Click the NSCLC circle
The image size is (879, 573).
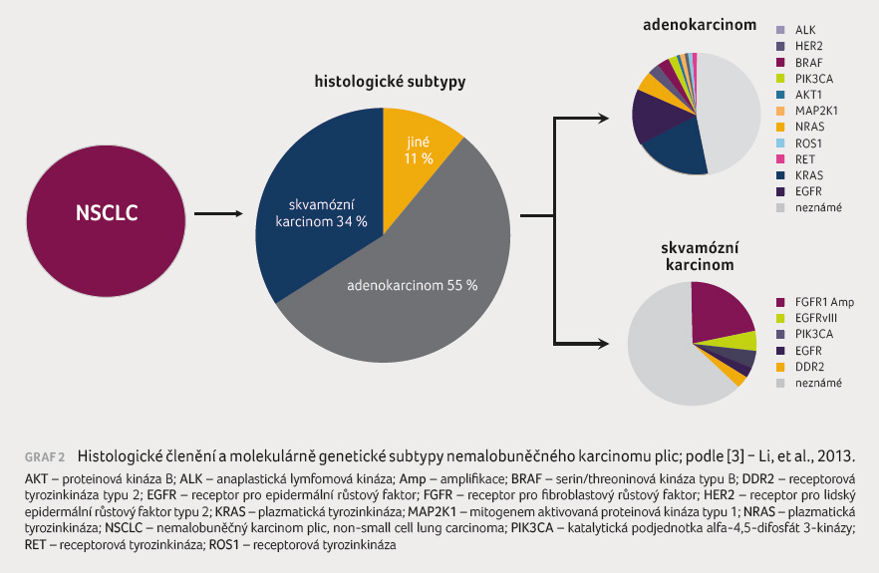coord(106,221)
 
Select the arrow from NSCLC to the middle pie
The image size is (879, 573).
coord(218,213)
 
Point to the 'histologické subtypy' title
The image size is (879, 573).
coord(391,82)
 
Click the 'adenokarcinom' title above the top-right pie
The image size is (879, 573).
coord(700,25)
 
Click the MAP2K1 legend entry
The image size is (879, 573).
coord(807,111)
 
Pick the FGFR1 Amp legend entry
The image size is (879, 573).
coord(815,302)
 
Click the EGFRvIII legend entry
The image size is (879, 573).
coord(806,318)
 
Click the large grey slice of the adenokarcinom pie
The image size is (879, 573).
coord(729,113)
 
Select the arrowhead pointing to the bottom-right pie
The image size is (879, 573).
coord(604,344)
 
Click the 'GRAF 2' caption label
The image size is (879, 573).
coord(45,457)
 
